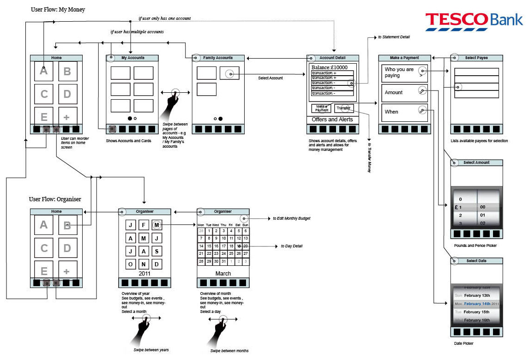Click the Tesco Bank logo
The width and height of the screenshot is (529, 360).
pyautogui.click(x=474, y=21)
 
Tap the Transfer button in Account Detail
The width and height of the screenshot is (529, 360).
pyautogui.click(x=343, y=108)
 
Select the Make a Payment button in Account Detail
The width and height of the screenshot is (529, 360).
pyautogui.click(x=321, y=108)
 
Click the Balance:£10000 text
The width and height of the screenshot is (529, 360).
pyautogui.click(x=329, y=68)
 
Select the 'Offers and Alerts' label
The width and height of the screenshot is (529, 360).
pyautogui.click(x=332, y=120)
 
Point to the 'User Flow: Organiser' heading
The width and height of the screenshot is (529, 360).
pyautogui.click(x=55, y=199)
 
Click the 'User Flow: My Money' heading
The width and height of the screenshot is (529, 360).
pyautogui.click(x=58, y=9)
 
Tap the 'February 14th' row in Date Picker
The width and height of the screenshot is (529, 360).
pyautogui.click(x=477, y=304)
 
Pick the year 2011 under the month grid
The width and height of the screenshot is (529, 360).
pyautogui.click(x=144, y=273)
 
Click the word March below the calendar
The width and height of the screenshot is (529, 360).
pyautogui.click(x=223, y=273)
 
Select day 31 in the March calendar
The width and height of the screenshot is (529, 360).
pyautogui.click(x=223, y=262)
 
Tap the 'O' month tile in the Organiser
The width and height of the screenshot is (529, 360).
pyautogui.click(x=131, y=264)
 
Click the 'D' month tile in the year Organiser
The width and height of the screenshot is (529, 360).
pyautogui.click(x=157, y=264)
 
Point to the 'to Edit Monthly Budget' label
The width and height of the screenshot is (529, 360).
pyautogui.click(x=291, y=218)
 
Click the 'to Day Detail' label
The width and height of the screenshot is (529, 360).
pyautogui.click(x=292, y=246)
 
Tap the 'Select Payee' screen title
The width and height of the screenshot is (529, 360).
pyautogui.click(x=476, y=58)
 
